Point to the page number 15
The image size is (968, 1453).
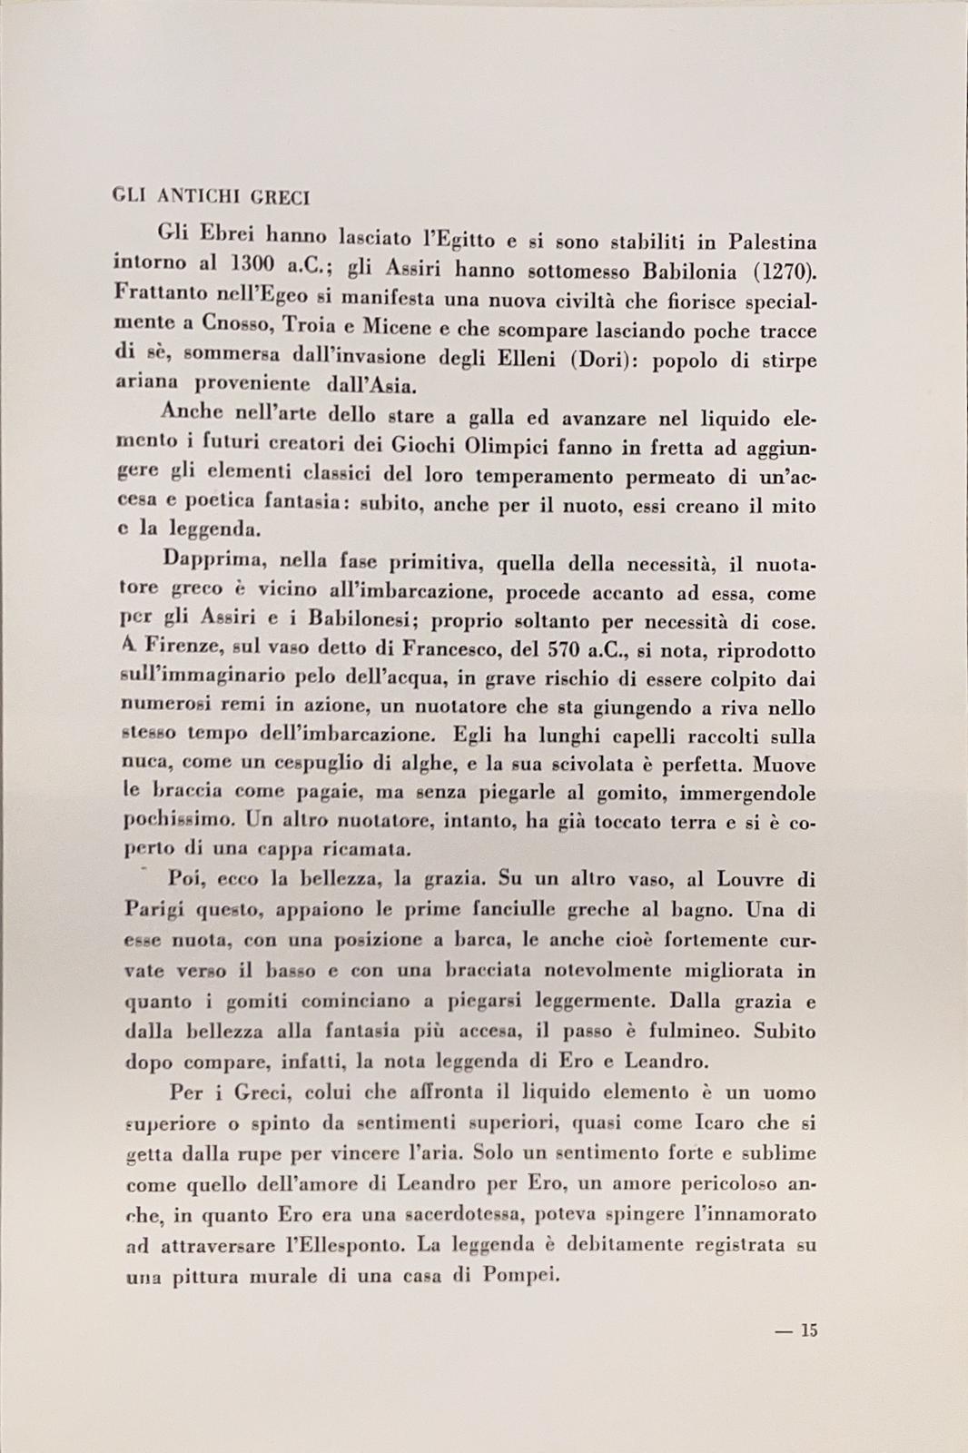(x=808, y=1330)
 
